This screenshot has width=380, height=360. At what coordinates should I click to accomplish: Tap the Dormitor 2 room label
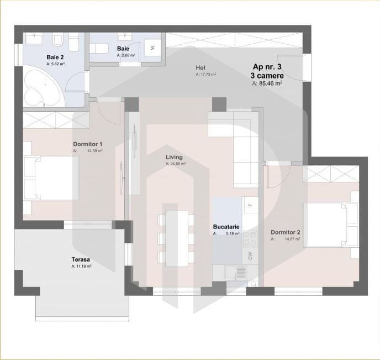coord(286,232)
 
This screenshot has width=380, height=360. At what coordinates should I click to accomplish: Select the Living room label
coord(174,157)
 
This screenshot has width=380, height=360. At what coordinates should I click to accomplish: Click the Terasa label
coord(81,259)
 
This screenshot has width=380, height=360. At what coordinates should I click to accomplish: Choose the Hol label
coord(200,68)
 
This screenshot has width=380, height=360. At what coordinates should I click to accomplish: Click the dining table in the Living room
coord(177,238)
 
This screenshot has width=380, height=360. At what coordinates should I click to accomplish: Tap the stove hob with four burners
coord(250,239)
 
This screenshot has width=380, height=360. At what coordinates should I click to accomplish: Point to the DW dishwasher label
coord(250,255)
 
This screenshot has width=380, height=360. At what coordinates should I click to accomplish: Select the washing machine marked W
coord(153,48)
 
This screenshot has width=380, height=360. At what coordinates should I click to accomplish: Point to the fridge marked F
coord(250,205)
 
